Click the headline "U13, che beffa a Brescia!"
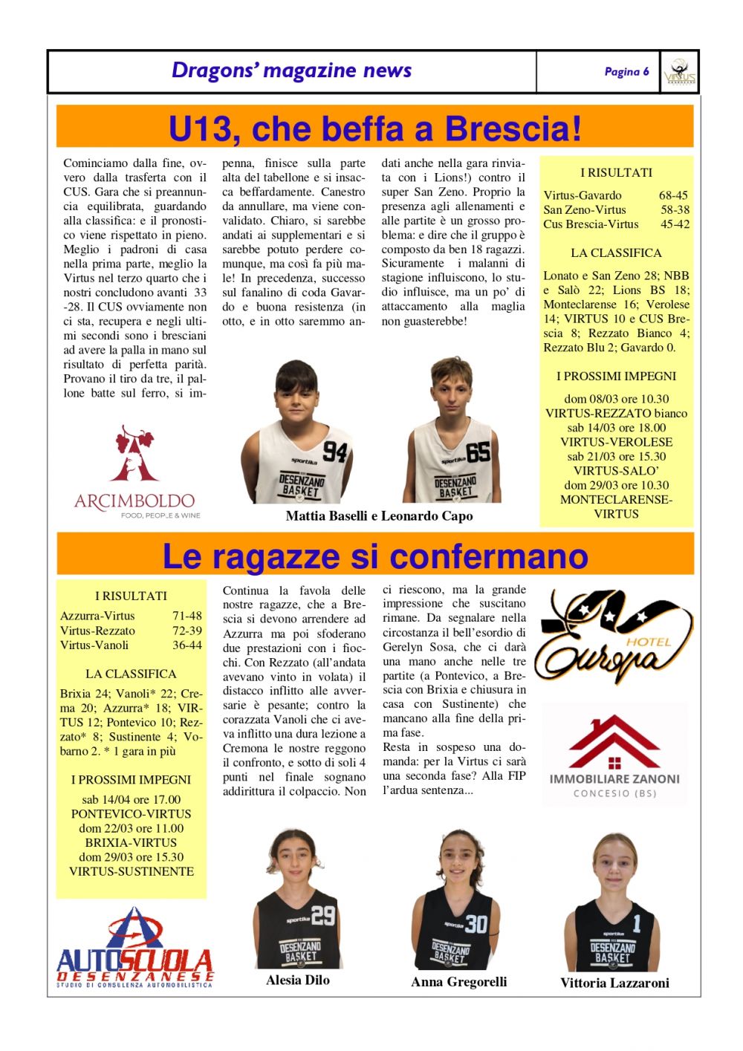tap(374, 128)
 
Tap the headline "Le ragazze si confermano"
tap(374, 556)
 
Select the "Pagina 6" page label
tap(626, 71)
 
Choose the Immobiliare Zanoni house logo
tap(614, 754)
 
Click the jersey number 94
tap(334, 451)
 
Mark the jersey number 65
tap(478, 451)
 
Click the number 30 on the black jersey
tap(476, 923)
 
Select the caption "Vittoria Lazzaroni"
tap(614, 983)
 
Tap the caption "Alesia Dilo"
tap(297, 980)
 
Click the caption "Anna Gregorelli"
tap(458, 982)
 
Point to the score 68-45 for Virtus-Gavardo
tap(673, 195)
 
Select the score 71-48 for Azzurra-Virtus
tap(186, 616)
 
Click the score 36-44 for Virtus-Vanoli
tap(186, 645)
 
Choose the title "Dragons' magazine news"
tap(291, 71)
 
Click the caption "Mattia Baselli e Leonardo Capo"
tap(379, 515)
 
